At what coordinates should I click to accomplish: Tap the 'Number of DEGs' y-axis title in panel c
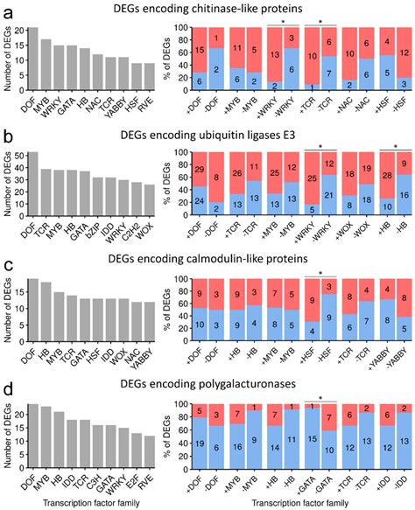click(8, 313)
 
